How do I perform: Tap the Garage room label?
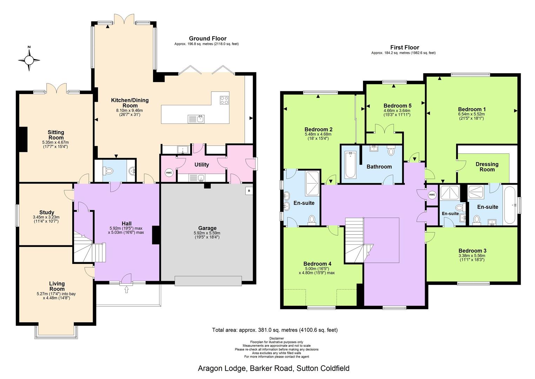click(x=207, y=228)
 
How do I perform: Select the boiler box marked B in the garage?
click(x=249, y=191)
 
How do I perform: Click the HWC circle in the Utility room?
click(x=169, y=173)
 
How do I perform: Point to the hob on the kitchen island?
click(x=224, y=100)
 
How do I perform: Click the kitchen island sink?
click(x=197, y=119)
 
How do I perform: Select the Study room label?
click(x=47, y=212)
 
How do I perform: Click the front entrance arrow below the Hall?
click(x=126, y=289)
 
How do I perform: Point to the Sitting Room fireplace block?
click(x=23, y=139)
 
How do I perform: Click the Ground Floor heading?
click(x=207, y=39)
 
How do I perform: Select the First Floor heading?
click(x=404, y=47)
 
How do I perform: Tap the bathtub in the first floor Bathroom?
click(x=350, y=165)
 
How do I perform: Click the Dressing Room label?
click(x=487, y=167)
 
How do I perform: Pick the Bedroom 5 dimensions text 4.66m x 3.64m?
click(x=397, y=111)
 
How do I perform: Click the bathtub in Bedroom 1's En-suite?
click(x=509, y=205)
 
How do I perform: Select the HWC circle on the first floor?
click(x=432, y=195)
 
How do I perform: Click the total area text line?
click(x=275, y=330)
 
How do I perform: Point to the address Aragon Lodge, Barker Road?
click(x=273, y=368)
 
